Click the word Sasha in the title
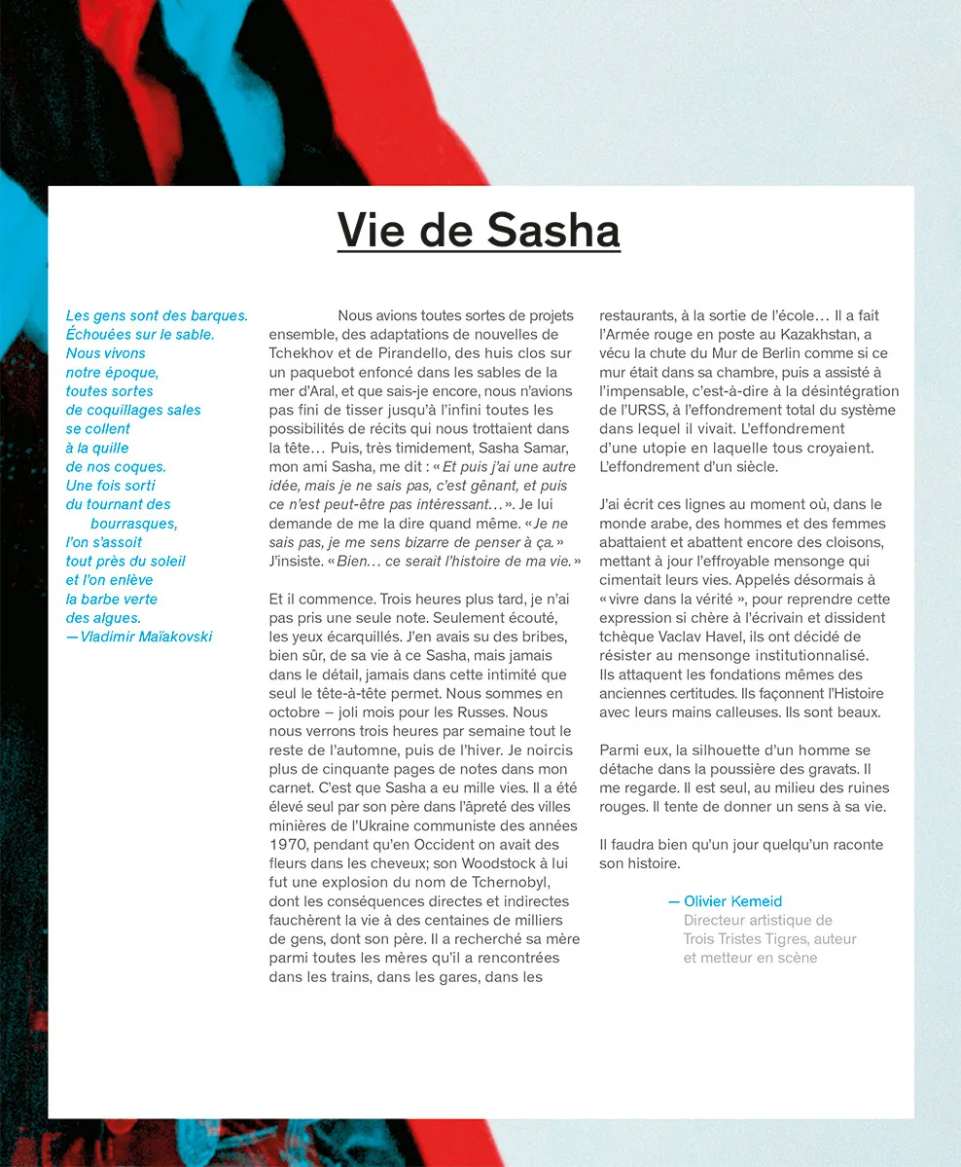coord(552,231)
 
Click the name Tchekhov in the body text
coord(302,353)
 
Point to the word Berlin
coord(792,353)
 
